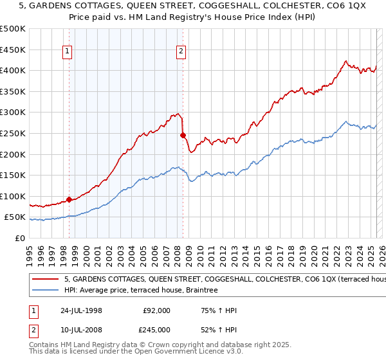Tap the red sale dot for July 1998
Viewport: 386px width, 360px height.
pos(69,199)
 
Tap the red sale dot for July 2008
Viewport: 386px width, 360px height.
pos(183,135)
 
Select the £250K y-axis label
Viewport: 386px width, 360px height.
pos(13,133)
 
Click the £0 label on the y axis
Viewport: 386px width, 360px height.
pos(19,238)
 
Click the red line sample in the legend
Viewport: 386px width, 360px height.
pos(46,280)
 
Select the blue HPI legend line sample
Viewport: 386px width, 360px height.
pos(46,291)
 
